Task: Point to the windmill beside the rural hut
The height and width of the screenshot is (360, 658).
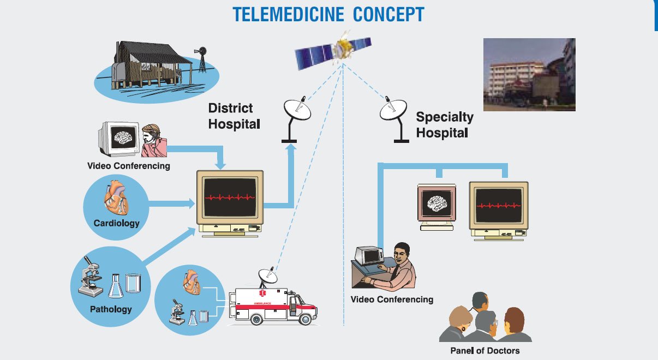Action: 202,58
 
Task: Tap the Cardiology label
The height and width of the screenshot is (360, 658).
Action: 116,223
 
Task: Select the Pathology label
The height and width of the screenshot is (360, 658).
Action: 111,309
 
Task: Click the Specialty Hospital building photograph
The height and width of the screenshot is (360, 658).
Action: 529,75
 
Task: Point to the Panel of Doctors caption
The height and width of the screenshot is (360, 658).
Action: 484,350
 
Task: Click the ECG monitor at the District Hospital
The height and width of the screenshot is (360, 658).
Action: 230,197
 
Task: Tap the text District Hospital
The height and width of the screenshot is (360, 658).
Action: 234,116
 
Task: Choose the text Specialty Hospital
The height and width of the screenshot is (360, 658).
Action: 444,124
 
